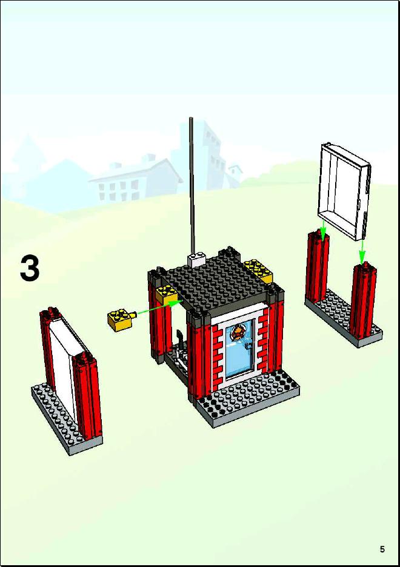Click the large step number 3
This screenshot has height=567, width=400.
pyautogui.click(x=30, y=268)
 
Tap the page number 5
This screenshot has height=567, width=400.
pyautogui.click(x=382, y=549)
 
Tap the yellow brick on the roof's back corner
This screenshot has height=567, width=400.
pyautogui.click(x=258, y=271)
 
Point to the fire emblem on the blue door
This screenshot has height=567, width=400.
pyautogui.click(x=238, y=331)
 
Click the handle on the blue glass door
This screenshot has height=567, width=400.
pyautogui.click(x=248, y=346)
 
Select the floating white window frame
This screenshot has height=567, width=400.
pyautogui.click(x=344, y=191)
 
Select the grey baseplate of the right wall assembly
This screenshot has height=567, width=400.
pyautogui.click(x=343, y=318)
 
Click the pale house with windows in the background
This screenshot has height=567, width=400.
pyautogui.click(x=136, y=180)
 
